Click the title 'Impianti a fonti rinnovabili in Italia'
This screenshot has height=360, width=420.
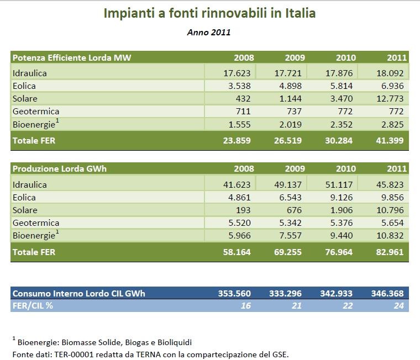(209, 13)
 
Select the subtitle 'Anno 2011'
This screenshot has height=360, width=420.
(209, 33)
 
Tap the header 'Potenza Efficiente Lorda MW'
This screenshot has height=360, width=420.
(72, 57)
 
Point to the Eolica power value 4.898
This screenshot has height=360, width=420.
(288, 86)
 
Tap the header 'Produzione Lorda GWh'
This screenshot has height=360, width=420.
(60, 169)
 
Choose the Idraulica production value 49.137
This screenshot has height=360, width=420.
(288, 184)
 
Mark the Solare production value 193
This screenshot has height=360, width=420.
(243, 210)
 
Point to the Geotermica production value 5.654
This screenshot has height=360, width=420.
(391, 223)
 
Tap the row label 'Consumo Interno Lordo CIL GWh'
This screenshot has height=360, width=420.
(78, 293)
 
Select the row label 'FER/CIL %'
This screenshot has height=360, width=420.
(33, 305)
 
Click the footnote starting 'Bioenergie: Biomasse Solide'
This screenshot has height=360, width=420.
(105, 342)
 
